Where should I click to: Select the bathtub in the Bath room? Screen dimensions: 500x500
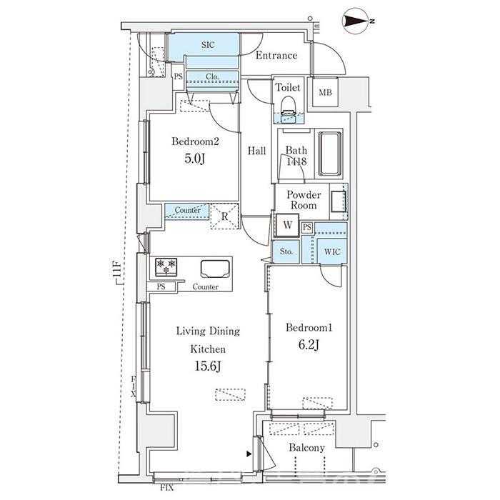(330, 154)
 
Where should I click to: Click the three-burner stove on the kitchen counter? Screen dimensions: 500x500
(166, 266)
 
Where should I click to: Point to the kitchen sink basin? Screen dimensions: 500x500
(215, 269)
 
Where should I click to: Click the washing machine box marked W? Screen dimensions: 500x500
(287, 225)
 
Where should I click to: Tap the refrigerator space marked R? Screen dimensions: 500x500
(224, 216)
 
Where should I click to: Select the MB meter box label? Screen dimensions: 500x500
(325, 92)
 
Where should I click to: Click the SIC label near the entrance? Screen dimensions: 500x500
(208, 45)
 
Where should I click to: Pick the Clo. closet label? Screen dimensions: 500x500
(212, 77)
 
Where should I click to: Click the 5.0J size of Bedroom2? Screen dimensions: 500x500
(194, 159)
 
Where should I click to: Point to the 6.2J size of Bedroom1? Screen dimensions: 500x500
(309, 345)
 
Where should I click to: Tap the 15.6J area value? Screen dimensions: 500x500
(208, 366)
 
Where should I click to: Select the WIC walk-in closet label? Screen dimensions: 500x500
(332, 252)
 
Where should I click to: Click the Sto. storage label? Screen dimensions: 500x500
(286, 251)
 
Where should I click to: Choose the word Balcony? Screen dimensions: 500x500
(306, 448)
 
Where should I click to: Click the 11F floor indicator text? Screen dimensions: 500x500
(117, 269)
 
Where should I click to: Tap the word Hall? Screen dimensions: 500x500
(256, 151)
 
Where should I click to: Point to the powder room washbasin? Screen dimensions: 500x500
(339, 201)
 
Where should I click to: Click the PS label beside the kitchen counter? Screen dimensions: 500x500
(161, 286)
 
